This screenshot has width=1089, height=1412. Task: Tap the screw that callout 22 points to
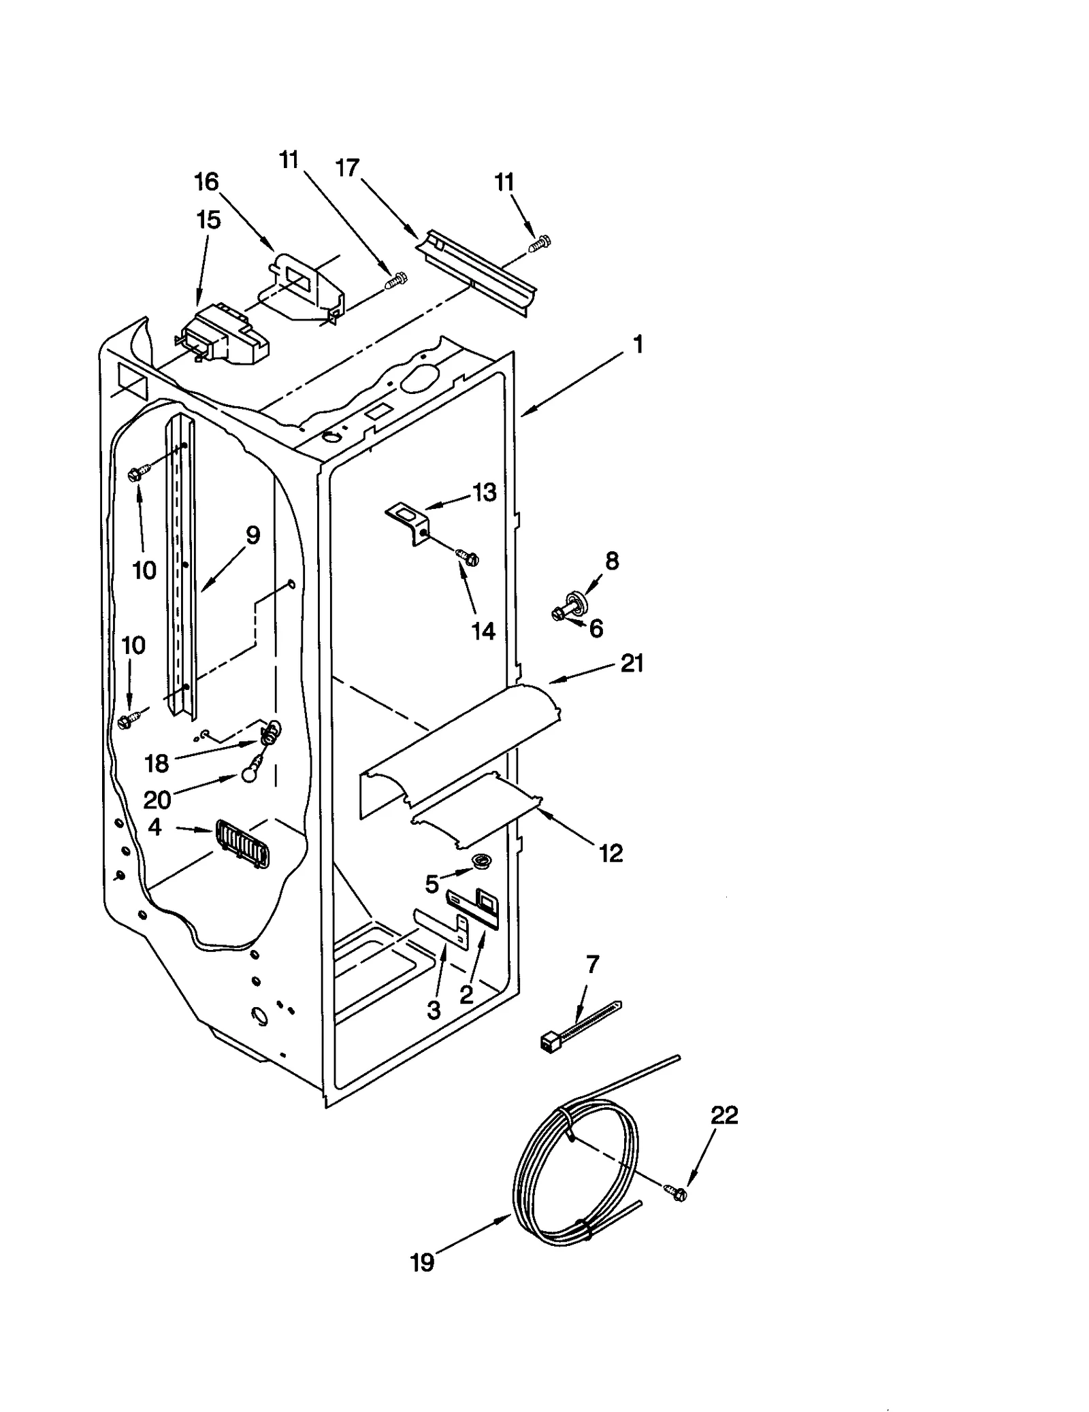(x=675, y=1193)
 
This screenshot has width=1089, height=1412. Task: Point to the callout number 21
(x=632, y=663)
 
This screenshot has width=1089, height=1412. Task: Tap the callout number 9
(x=253, y=536)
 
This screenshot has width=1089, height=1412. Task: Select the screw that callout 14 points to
(x=468, y=558)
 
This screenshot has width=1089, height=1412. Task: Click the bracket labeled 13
(x=409, y=521)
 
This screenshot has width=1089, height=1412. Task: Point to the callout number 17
(x=348, y=167)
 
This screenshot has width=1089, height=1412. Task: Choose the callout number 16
(x=206, y=182)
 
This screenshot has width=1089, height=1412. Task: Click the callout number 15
(x=208, y=220)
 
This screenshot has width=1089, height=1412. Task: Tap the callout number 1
(x=638, y=344)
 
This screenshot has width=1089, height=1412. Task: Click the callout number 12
(x=611, y=853)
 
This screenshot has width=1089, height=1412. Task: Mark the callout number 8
(x=612, y=561)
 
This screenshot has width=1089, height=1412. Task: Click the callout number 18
(x=157, y=764)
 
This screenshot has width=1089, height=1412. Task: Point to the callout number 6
(x=596, y=629)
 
